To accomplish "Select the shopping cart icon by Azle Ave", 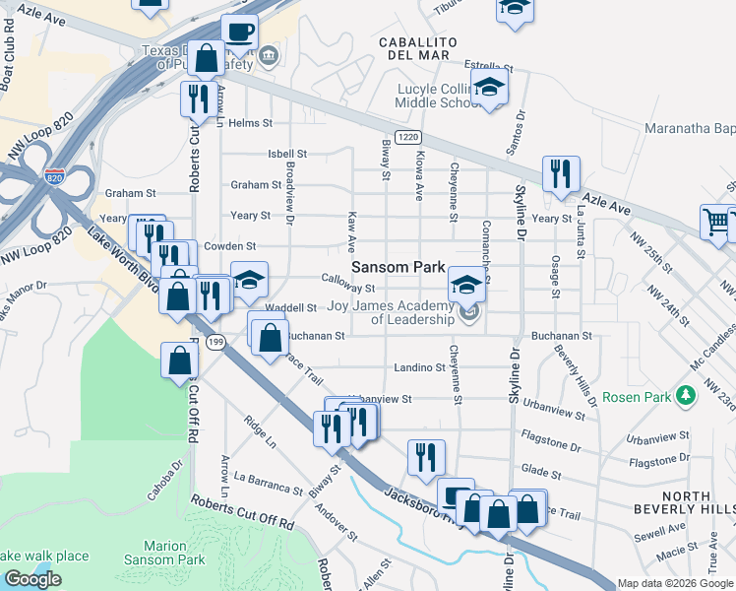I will (718, 222).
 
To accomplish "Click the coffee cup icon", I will (239, 32).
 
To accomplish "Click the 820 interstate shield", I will (55, 178).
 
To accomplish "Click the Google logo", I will (32, 579).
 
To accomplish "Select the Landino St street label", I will (419, 367).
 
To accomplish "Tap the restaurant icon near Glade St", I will (426, 456).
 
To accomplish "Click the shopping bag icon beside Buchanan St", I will (269, 336).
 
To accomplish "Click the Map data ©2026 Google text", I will (675, 583).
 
